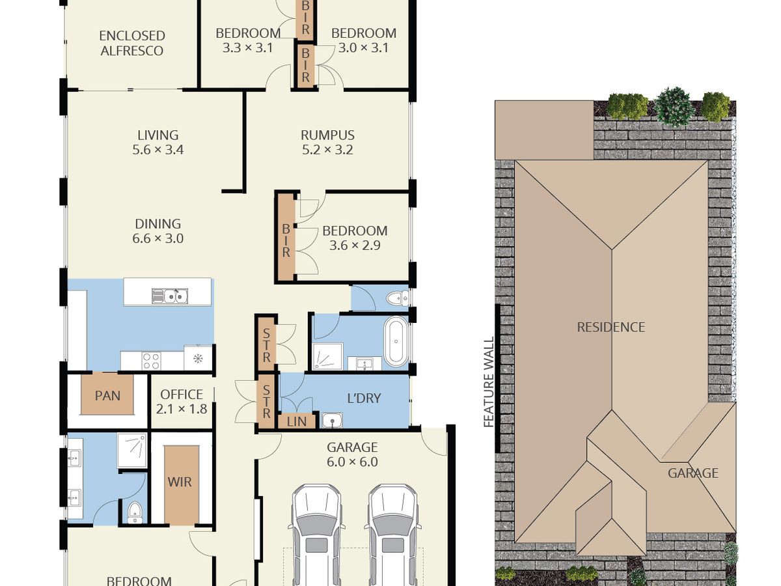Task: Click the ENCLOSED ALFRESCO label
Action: click(x=132, y=43)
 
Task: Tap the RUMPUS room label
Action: click(x=327, y=135)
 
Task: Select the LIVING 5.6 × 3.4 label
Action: click(x=158, y=143)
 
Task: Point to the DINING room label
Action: click(x=158, y=224)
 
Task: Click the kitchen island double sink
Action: click(x=170, y=296)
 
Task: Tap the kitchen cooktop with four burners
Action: click(x=151, y=361)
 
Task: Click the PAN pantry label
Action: click(x=107, y=396)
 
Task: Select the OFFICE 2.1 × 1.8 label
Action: click(x=182, y=402)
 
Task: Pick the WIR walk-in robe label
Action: click(x=180, y=482)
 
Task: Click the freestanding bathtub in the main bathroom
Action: click(x=396, y=342)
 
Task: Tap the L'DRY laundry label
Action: click(x=364, y=398)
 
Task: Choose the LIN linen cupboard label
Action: click(x=297, y=422)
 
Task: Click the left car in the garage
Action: click(x=316, y=535)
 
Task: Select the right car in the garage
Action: click(x=392, y=535)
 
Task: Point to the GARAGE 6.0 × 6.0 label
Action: click(x=352, y=454)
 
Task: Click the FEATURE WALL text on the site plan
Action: click(x=489, y=382)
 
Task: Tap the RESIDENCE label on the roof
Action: click(x=611, y=328)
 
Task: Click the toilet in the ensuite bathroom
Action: click(x=135, y=512)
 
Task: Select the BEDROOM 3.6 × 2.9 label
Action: click(x=355, y=238)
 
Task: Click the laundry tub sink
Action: click(x=332, y=420)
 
